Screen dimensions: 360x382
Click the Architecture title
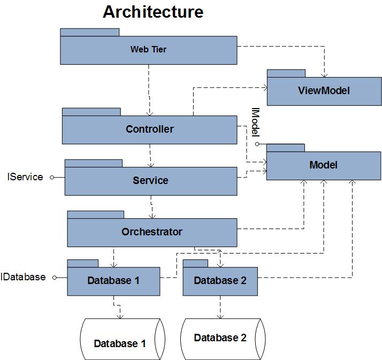pos(153,12)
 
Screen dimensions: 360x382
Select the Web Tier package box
pos(148,50)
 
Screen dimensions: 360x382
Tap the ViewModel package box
pos(324,90)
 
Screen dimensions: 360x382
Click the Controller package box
pos(149,129)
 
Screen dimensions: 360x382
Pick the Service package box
pos(150,181)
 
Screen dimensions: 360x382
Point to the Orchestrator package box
pos(151,232)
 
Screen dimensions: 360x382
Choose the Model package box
pos(323,165)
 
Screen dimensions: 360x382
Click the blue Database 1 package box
pos(113,281)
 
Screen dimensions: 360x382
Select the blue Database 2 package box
pos(220,281)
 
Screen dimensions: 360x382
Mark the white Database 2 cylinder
pos(220,338)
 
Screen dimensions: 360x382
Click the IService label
pos(25,177)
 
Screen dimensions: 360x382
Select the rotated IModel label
pos(255,122)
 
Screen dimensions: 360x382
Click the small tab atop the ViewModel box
pos(286,73)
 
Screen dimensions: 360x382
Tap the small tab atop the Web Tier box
pos(89,32)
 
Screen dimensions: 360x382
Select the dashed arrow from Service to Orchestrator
pos(152,205)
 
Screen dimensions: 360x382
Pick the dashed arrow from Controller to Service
pos(151,154)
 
